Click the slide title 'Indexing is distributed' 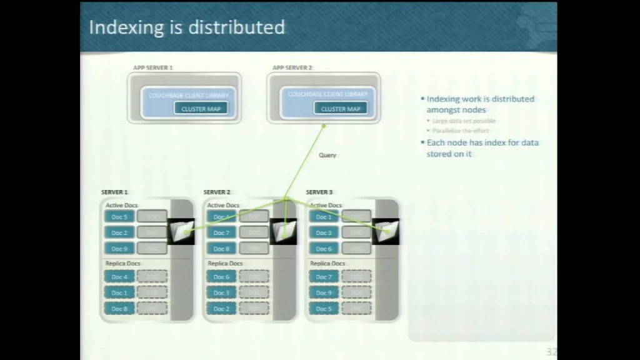click(x=187, y=27)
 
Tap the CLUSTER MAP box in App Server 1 click(x=201, y=109)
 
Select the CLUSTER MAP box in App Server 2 click(x=341, y=109)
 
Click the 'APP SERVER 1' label click(x=152, y=67)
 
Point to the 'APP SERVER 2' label click(x=292, y=67)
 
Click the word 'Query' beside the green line click(x=327, y=155)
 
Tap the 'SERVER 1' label click(x=114, y=192)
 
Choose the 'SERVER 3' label click(x=319, y=192)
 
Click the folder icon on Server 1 click(x=181, y=232)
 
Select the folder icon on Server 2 click(x=284, y=232)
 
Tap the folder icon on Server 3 click(x=386, y=232)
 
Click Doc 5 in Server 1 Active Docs click(x=119, y=217)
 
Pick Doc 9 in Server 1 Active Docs click(x=119, y=248)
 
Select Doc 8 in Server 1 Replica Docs click(x=119, y=308)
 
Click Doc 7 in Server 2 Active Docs click(x=221, y=232)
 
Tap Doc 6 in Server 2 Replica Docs click(x=221, y=277)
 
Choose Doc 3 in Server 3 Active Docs click(x=324, y=232)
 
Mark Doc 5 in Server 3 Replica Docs click(x=324, y=308)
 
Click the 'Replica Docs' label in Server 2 click(x=225, y=264)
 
